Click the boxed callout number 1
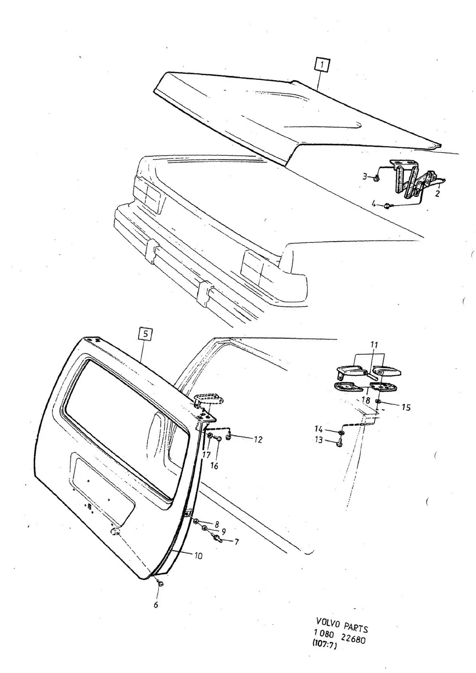pos(322,65)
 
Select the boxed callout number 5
pos(146,334)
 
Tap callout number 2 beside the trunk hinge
pos(437,194)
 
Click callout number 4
pos(374,204)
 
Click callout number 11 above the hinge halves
pos(374,345)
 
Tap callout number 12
pos(258,440)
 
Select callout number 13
pos(319,440)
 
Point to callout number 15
pos(406,407)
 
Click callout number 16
pos(214,465)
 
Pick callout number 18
pos(365,400)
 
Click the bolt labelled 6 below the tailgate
pos(161,584)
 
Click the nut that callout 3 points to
pos(376,178)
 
